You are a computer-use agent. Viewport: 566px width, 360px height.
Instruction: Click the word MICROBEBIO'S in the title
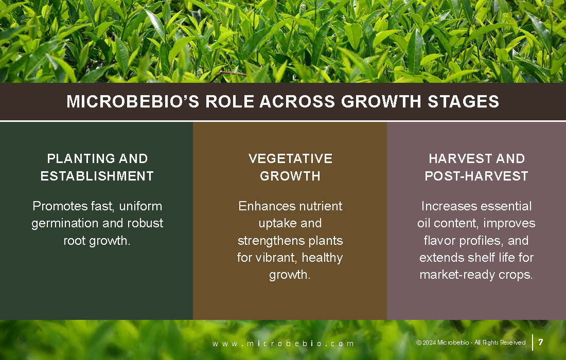click(x=133, y=101)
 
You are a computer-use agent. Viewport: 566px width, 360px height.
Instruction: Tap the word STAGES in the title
click(x=464, y=101)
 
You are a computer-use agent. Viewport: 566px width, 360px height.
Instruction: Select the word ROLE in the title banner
click(x=229, y=101)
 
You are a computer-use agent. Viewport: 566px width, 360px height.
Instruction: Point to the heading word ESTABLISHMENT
click(x=97, y=176)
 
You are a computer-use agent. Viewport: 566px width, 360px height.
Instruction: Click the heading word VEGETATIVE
click(x=290, y=158)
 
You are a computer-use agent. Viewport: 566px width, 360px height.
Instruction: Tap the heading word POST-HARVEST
click(x=476, y=176)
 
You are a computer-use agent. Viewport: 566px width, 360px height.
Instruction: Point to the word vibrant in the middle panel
click(x=276, y=258)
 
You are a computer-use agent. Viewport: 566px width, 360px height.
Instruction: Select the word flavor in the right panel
click(x=439, y=240)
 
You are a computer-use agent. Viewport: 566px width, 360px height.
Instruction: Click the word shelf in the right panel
click(x=480, y=258)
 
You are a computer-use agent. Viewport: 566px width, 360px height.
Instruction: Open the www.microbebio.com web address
click(x=283, y=344)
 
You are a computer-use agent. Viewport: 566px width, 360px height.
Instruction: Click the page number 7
click(x=541, y=341)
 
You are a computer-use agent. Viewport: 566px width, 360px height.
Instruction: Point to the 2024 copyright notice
click(x=471, y=343)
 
